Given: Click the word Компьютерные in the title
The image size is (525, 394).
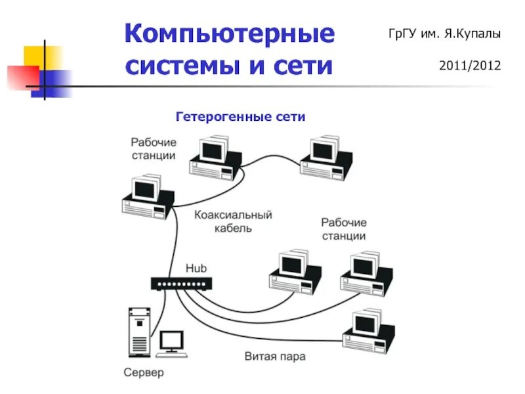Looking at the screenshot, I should (229, 33).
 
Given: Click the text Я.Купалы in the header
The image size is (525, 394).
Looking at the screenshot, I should (476, 33).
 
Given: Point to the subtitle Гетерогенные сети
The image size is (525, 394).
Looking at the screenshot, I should (240, 116).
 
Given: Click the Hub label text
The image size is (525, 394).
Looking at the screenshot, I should (196, 268).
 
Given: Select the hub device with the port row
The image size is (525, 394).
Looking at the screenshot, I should (182, 284).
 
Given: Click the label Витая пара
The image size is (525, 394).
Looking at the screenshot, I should (275, 357).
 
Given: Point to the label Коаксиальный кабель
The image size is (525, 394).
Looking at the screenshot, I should (233, 221).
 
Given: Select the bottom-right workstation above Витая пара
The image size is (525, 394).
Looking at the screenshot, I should (369, 332).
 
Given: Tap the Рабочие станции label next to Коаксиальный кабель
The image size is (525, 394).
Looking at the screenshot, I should (343, 229).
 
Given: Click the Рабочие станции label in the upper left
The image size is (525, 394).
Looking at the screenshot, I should (153, 148).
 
